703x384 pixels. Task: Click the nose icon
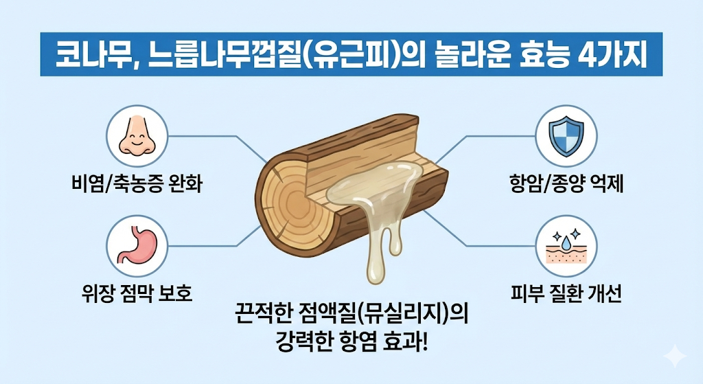[x=137, y=135]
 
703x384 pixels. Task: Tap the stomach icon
[x=137, y=244]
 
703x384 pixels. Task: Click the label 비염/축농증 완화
[x=137, y=185]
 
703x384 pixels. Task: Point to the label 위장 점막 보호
[x=137, y=295]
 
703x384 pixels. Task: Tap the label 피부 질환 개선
[x=566, y=295]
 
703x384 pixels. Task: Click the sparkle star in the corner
[x=675, y=356]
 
